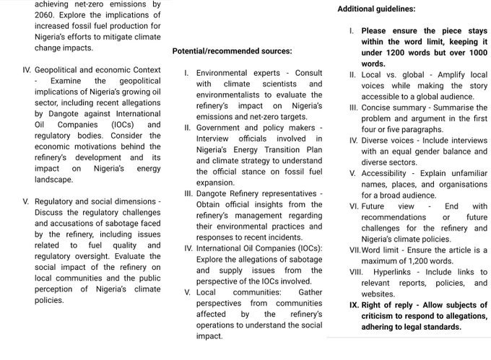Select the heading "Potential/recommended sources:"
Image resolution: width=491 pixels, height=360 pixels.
[232, 51]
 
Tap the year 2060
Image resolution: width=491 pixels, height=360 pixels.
[48, 14]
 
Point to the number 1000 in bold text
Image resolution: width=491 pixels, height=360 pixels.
[473, 53]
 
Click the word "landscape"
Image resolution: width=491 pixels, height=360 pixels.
[53, 180]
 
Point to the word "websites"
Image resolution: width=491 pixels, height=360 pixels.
[378, 294]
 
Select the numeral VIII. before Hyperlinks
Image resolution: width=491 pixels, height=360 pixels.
[357, 272]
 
